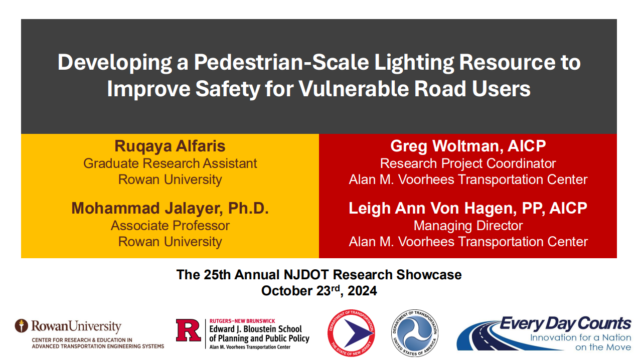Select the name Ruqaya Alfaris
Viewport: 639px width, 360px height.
click(170, 146)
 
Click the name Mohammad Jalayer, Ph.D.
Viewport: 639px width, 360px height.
click(170, 208)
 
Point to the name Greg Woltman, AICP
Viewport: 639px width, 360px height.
click(468, 146)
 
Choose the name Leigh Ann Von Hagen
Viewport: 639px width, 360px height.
click(432, 208)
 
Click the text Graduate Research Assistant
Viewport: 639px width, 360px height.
click(170, 163)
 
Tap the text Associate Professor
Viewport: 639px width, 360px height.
click(170, 226)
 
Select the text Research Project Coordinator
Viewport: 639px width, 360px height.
click(468, 163)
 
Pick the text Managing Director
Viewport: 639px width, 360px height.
click(468, 226)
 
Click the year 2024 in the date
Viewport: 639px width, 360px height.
click(362, 291)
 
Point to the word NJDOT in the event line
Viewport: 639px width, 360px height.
click(306, 275)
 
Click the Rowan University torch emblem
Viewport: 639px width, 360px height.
click(22, 326)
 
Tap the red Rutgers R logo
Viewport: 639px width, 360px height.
click(188, 330)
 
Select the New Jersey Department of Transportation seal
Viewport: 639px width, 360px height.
click(351, 333)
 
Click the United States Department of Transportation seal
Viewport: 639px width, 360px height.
click(415, 333)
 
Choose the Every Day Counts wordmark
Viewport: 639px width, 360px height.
click(565, 324)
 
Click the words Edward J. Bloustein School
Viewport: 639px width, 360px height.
click(256, 329)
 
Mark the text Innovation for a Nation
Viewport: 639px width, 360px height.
click(580, 338)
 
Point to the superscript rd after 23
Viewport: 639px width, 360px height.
click(336, 288)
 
